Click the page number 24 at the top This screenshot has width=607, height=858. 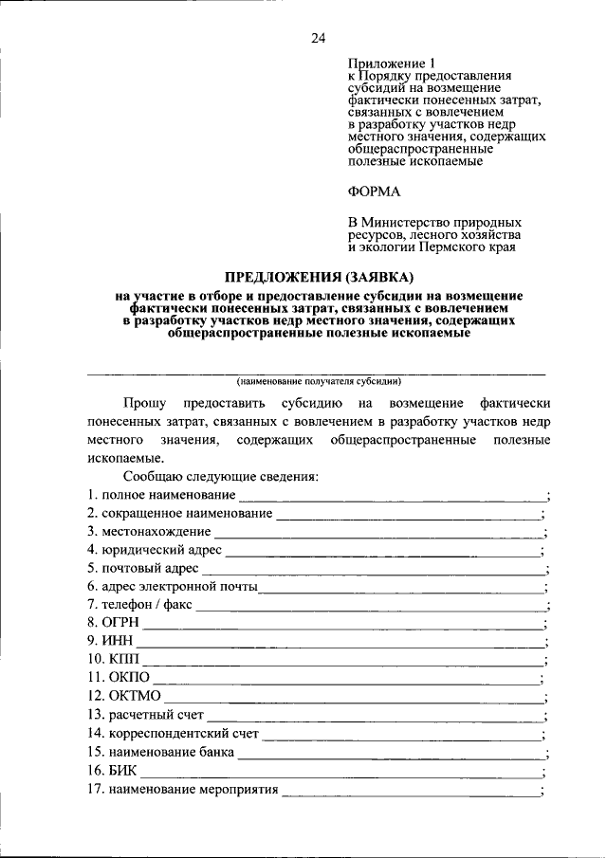tap(318, 38)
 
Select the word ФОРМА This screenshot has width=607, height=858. tap(375, 192)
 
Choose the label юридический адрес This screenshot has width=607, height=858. tap(162, 550)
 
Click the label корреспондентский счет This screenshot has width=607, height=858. tap(180, 733)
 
